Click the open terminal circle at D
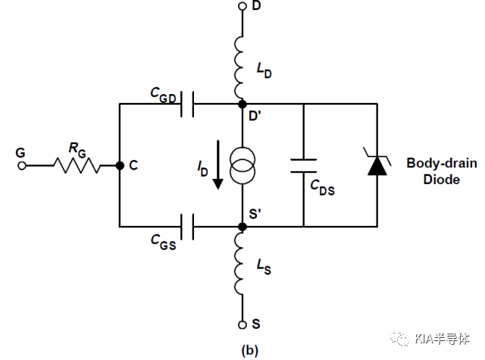click(242, 6)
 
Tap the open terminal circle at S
click(242, 324)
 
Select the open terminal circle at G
click(22, 166)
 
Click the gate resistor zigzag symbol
click(77, 165)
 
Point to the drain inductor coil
click(239, 67)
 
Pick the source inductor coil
click(239, 264)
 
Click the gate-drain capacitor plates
click(187, 105)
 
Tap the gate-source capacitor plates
click(187, 227)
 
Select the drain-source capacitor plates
click(303, 165)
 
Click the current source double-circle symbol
click(242, 166)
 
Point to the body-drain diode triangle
click(377, 166)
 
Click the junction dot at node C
click(120, 166)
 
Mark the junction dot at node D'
click(242, 105)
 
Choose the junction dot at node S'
click(242, 227)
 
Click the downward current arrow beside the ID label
click(218, 165)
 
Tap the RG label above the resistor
click(77, 149)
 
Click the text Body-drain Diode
click(441, 171)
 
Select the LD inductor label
click(264, 70)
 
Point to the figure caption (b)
click(249, 350)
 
